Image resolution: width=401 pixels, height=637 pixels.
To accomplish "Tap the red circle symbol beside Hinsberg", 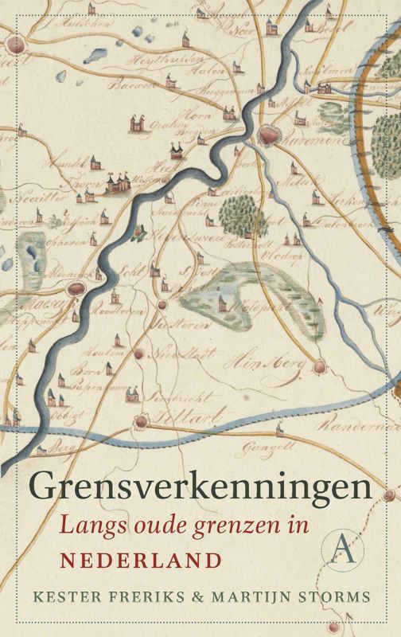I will click(320, 367).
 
